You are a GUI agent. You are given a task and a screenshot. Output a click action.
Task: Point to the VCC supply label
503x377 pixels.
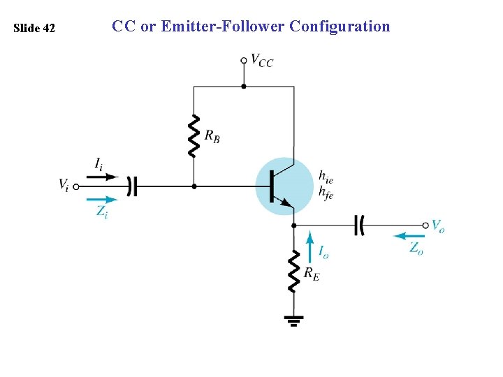262,61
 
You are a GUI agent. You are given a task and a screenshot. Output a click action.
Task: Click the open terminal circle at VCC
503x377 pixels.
243,61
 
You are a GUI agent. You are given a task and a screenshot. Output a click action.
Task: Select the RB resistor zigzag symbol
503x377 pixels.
194,136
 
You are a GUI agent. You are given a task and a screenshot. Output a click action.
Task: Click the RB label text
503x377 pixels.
212,136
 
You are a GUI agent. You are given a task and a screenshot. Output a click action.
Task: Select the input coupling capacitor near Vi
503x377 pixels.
132,186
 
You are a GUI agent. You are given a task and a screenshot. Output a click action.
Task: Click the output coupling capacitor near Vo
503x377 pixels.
359,225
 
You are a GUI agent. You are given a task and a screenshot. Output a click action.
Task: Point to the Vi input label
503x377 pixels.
64,184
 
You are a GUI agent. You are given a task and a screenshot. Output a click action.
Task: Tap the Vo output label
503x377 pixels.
438,226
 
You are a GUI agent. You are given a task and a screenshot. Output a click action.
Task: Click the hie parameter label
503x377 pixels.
326,176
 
